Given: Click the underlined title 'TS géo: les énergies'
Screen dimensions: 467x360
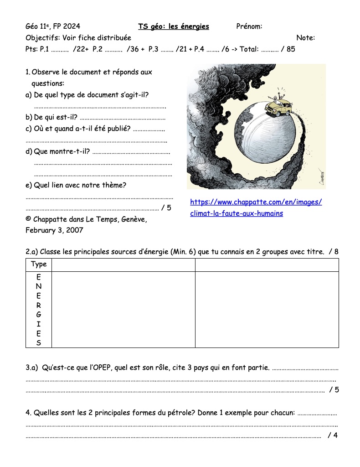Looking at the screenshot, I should click(x=174, y=26).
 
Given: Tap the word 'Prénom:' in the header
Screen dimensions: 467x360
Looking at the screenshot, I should click(x=249, y=26).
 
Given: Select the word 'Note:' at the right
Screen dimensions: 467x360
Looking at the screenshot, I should click(x=305, y=38).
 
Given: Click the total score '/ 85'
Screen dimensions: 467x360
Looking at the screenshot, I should click(x=288, y=49).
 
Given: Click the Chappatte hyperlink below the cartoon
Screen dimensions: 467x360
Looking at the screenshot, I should click(x=256, y=208).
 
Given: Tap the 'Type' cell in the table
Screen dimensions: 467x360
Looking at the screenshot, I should click(x=39, y=265).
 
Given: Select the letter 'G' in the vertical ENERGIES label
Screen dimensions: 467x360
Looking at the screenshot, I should click(x=39, y=315).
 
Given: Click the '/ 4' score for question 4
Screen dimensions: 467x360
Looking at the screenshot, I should click(x=333, y=436).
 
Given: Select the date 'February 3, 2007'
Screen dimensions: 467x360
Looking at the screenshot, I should click(x=54, y=230).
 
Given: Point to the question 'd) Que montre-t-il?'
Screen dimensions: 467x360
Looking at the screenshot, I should click(x=57, y=151).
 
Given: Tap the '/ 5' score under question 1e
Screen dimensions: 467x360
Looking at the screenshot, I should click(x=166, y=208).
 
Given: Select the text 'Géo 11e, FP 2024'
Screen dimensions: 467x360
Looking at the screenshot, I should click(x=53, y=26).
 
